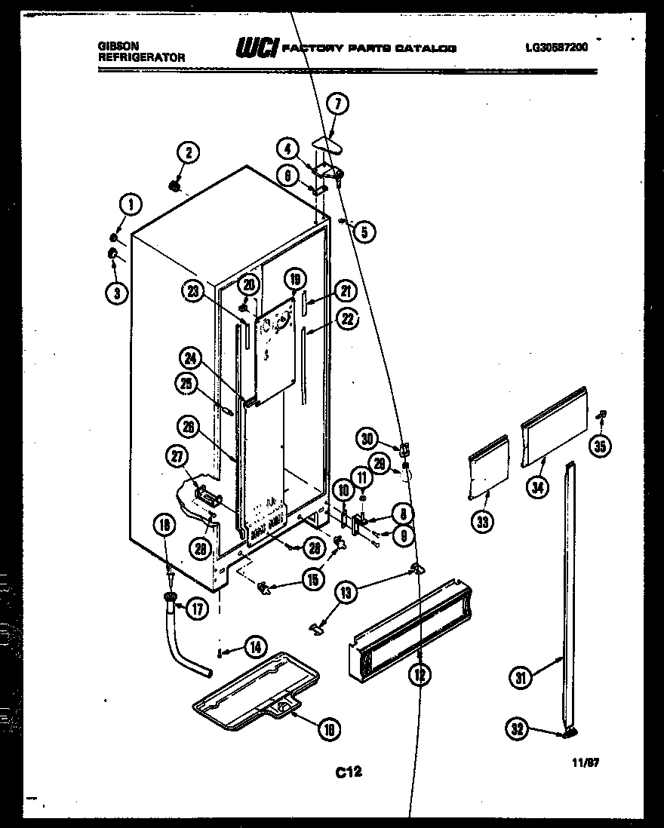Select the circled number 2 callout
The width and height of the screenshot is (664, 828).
click(189, 153)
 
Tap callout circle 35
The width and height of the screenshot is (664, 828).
click(600, 446)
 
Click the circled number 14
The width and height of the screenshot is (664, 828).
click(256, 646)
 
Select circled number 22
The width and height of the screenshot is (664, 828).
click(346, 320)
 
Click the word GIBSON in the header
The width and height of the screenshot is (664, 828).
click(112, 46)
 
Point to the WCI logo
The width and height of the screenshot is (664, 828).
click(257, 49)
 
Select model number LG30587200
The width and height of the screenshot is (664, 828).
click(557, 47)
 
